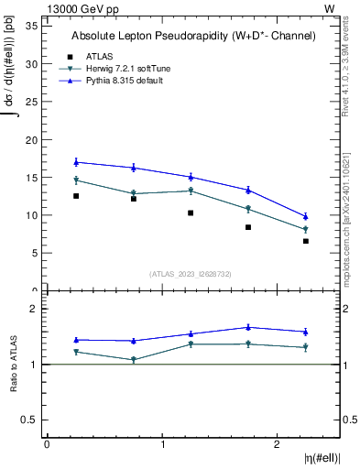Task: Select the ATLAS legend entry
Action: pos(100,57)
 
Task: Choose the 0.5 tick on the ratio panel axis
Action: pos(28,420)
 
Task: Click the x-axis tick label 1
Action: pos(162,444)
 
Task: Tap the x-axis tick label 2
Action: pos(278,444)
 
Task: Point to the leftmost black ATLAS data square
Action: pos(76,196)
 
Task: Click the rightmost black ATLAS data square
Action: pos(306,241)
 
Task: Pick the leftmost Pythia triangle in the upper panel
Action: pos(76,162)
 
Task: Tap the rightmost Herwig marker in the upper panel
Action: pos(306,230)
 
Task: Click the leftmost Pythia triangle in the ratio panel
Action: pos(76,340)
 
